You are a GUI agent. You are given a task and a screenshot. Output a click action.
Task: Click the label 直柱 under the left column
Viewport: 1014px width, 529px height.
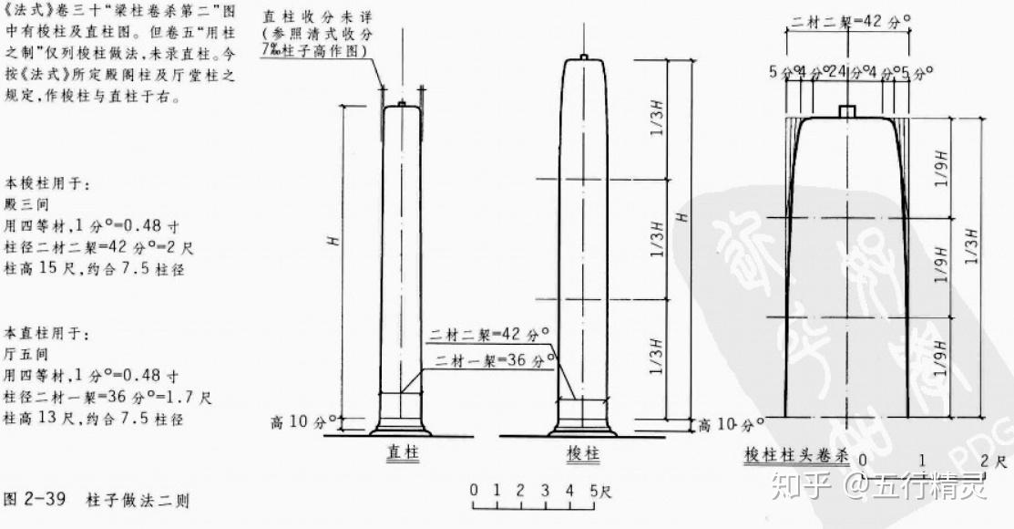pos(401,452)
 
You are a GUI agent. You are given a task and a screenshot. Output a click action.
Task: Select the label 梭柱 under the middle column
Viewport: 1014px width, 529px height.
pos(583,453)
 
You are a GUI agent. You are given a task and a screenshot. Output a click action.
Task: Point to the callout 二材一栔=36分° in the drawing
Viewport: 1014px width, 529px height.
pos(494,358)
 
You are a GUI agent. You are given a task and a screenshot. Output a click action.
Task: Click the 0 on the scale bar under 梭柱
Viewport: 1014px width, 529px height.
pos(474,491)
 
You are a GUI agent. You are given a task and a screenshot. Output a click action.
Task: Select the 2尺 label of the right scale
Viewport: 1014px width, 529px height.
pos(992,462)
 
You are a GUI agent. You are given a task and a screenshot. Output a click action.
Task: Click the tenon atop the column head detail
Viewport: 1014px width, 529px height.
pos(848,111)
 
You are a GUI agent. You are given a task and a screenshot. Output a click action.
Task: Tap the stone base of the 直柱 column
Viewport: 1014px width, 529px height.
pos(401,426)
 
